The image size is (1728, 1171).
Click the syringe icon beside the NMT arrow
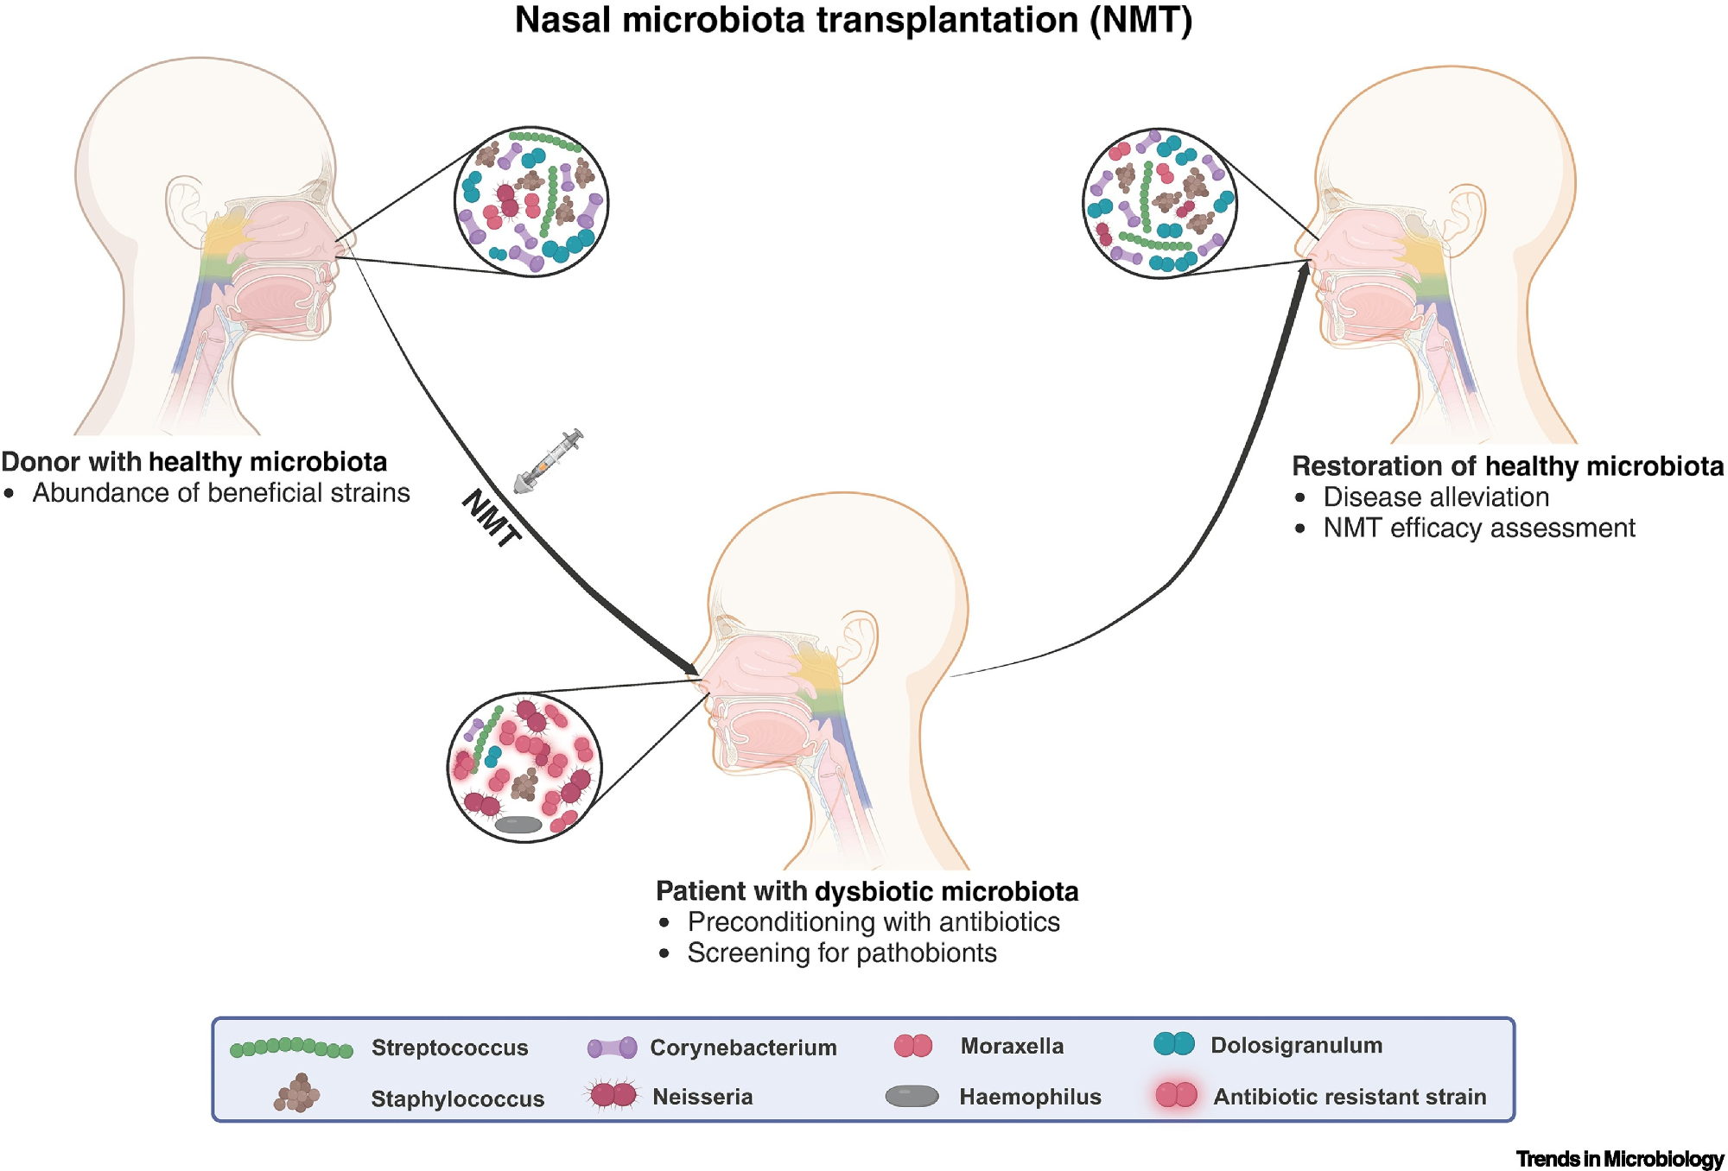pyautogui.click(x=549, y=460)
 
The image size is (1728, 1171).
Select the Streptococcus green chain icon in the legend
pyautogui.click(x=291, y=1048)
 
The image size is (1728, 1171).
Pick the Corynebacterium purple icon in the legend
pyautogui.click(x=612, y=1048)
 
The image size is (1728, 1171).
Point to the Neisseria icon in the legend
pyautogui.click(x=613, y=1095)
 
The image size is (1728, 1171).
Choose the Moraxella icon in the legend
pyautogui.click(x=913, y=1046)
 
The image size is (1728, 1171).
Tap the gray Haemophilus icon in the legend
pyautogui.click(x=912, y=1096)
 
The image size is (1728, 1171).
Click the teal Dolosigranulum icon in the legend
pyautogui.click(x=1174, y=1044)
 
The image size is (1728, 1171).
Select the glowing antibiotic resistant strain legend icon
pyautogui.click(x=1177, y=1095)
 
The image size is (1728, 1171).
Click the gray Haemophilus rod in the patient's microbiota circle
pyautogui.click(x=518, y=825)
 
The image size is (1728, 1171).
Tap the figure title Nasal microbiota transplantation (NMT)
pyautogui.click(x=854, y=21)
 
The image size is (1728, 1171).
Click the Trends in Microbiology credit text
pyautogui.click(x=1619, y=1159)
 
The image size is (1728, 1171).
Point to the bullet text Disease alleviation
pyautogui.click(x=1436, y=497)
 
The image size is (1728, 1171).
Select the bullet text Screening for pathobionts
pyautogui.click(x=842, y=953)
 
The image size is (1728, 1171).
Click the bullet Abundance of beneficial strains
pyautogui.click(x=221, y=493)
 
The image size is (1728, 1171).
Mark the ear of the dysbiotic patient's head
pyautogui.click(x=857, y=643)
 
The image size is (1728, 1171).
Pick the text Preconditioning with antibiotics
pyautogui.click(x=874, y=922)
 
